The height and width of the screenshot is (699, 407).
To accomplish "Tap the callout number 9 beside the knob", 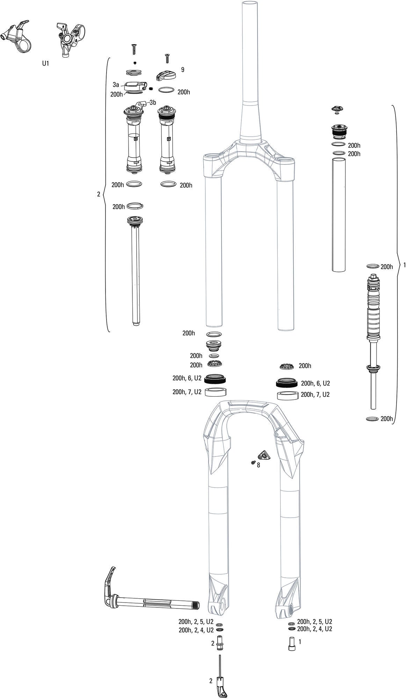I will (x=182, y=70).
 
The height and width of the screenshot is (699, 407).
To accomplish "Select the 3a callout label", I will (x=116, y=85).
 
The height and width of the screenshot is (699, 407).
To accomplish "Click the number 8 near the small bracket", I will (x=258, y=466).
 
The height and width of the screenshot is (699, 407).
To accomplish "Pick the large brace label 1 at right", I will (x=404, y=265).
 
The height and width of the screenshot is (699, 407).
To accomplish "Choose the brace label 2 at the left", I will (x=99, y=194).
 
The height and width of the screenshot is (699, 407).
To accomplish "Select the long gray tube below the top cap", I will (x=338, y=214).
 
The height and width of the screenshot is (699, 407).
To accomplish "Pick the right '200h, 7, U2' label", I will (x=315, y=395).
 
